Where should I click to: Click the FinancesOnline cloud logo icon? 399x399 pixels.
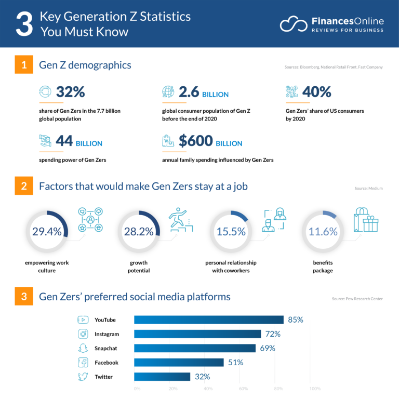(294, 24)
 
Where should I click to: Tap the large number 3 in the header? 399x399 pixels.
(24, 24)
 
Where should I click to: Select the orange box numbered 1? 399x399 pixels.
(24, 65)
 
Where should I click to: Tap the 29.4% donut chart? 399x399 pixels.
(47, 232)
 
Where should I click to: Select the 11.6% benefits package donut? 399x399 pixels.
(323, 232)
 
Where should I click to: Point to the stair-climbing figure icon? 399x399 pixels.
(180, 219)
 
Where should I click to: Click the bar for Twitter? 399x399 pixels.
(162, 377)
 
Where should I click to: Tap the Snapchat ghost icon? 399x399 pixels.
(83, 348)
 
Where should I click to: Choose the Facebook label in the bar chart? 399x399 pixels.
(106, 363)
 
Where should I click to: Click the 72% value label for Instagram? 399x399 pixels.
(272, 334)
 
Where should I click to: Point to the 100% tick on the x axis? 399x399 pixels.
(315, 388)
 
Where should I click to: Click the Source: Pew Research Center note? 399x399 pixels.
(357, 299)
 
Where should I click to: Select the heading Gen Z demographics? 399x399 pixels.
(85, 65)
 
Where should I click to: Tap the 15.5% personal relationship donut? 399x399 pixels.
(231, 232)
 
